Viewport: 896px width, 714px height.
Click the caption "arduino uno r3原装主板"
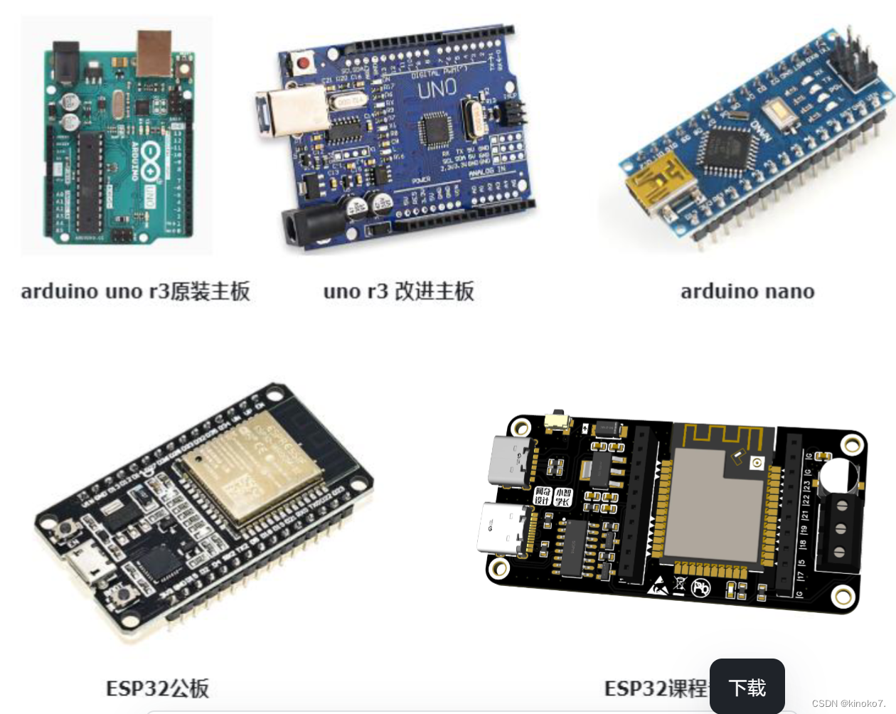135,292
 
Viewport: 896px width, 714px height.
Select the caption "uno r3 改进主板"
398,292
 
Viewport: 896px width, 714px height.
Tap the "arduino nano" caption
747,292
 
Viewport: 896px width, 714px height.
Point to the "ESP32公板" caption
157,688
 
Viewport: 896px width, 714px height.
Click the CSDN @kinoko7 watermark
848,703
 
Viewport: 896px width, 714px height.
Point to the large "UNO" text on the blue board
437,90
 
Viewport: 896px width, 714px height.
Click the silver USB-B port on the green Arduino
155,53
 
